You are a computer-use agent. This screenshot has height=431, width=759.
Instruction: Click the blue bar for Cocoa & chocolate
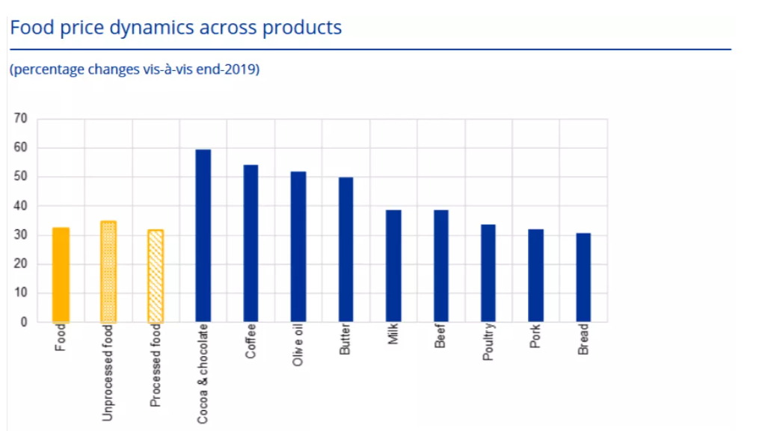[203, 236]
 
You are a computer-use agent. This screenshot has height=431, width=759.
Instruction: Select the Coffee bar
[251, 244]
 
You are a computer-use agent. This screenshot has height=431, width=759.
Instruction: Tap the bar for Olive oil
[298, 247]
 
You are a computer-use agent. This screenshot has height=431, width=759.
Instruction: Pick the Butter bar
[345, 250]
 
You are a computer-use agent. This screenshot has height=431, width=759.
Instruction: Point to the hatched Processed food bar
[156, 276]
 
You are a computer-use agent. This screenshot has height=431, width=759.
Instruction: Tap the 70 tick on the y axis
[20, 119]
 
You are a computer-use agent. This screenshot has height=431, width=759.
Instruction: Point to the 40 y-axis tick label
[20, 206]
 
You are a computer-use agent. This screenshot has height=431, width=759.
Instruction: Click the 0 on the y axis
[23, 323]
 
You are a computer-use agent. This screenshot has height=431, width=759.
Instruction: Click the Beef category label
[440, 337]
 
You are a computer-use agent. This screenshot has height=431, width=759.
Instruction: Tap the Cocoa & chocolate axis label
[203, 374]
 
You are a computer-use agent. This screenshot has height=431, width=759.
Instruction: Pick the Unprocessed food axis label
[108, 372]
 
